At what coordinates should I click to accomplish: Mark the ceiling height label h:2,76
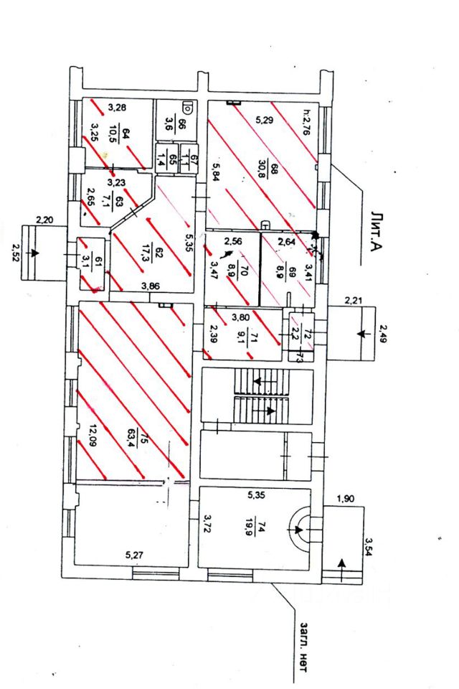(x=308, y=121)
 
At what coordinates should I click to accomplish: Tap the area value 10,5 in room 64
(x=113, y=134)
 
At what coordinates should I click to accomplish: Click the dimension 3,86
(x=150, y=287)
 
